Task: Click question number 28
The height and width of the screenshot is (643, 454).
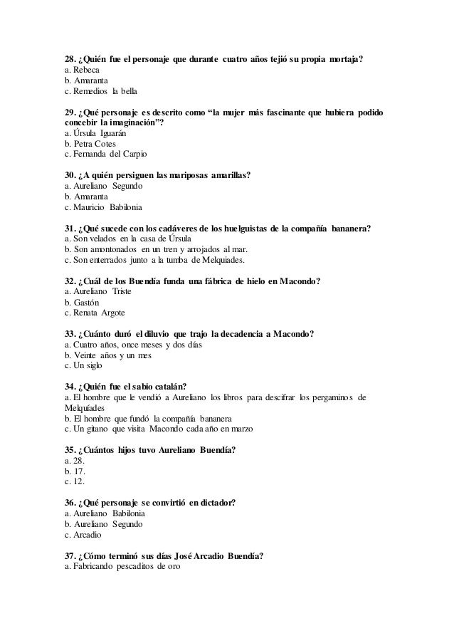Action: click(70, 58)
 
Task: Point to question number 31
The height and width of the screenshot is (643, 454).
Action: click(70, 229)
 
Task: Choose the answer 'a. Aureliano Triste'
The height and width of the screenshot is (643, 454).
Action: click(97, 292)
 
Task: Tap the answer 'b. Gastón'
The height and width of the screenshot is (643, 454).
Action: click(81, 303)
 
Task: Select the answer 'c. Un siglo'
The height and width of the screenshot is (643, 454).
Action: click(83, 366)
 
